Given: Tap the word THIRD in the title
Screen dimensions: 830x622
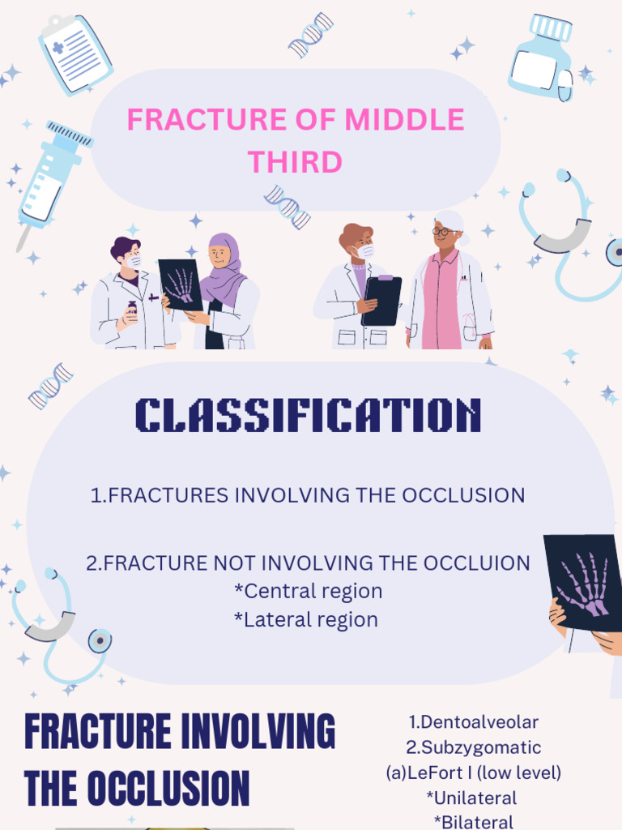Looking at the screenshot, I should click(295, 162).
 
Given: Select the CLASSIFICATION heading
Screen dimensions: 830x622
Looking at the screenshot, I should click(308, 415).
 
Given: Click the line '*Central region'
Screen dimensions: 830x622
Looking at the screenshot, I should click(308, 591).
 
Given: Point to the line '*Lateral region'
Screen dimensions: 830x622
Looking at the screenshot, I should click(306, 619).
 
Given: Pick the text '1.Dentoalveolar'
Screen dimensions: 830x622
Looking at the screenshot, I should click(474, 721).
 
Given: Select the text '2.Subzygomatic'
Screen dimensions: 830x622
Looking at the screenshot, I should click(474, 747).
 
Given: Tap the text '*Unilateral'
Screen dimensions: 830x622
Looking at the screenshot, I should click(474, 798).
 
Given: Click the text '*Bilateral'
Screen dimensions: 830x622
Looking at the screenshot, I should click(474, 822).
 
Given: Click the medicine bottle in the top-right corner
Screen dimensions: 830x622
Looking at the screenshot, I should click(541, 58).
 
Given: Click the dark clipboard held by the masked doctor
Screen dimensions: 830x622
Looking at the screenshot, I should click(381, 300).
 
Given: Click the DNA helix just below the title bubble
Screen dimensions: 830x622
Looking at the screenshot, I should click(288, 206).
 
